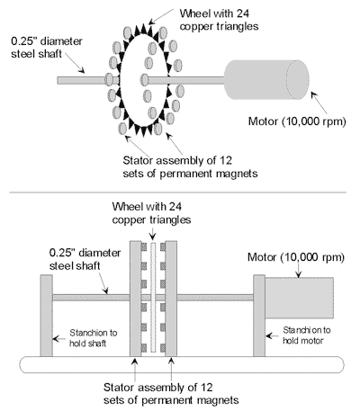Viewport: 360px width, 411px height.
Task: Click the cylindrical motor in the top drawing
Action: [266, 80]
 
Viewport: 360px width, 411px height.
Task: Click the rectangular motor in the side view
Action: [299, 298]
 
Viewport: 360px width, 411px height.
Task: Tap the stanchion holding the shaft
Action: [47, 316]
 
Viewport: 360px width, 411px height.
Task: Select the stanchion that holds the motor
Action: [259, 316]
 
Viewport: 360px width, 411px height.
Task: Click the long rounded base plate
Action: [182, 364]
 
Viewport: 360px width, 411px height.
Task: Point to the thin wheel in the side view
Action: [153, 297]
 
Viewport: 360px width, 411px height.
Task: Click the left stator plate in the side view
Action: [135, 299]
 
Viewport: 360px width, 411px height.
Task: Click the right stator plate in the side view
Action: [171, 299]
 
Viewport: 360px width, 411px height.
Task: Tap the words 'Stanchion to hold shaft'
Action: [94, 338]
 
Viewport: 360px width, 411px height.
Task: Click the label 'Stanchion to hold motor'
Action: [306, 335]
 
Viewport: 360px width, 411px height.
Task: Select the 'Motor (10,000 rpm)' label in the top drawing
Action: [297, 121]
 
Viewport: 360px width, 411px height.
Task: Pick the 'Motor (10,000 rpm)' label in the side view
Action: [296, 257]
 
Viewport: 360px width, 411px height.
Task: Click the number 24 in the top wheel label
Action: [242, 13]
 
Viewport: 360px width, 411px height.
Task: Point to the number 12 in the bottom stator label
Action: [206, 388]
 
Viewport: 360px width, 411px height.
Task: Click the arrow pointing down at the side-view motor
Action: [299, 270]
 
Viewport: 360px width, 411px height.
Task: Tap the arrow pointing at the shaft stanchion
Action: [59, 339]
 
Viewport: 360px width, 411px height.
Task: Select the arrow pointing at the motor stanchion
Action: [273, 335]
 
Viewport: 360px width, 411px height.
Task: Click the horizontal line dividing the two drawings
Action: [177, 192]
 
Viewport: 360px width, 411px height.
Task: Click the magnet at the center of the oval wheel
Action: [145, 80]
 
